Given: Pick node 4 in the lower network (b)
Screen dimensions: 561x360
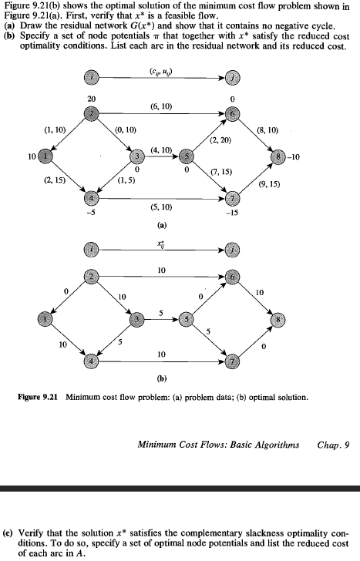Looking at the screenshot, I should pos(93,360).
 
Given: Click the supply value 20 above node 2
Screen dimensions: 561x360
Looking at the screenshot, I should pos(93,99).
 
